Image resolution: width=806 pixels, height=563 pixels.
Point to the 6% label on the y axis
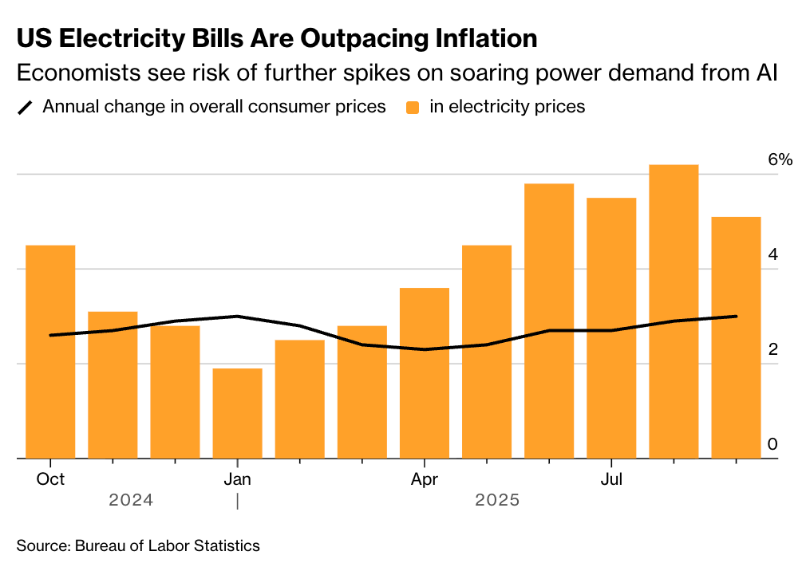[780, 159]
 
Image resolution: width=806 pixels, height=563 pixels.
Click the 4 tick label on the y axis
[772, 254]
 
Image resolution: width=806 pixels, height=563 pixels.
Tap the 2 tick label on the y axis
[772, 349]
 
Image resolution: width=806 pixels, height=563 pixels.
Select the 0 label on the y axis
[772, 444]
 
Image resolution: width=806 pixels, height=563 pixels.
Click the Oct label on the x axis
[50, 479]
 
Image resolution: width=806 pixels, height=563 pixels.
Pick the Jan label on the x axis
[237, 479]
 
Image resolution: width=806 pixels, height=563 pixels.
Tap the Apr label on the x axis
[424, 479]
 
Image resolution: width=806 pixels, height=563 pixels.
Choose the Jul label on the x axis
[611, 479]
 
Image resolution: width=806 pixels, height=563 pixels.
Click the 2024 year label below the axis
[131, 501]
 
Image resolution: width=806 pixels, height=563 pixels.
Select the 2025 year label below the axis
[497, 501]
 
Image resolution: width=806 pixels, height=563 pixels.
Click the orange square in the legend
[412, 107]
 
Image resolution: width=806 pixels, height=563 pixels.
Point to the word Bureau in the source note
[100, 545]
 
